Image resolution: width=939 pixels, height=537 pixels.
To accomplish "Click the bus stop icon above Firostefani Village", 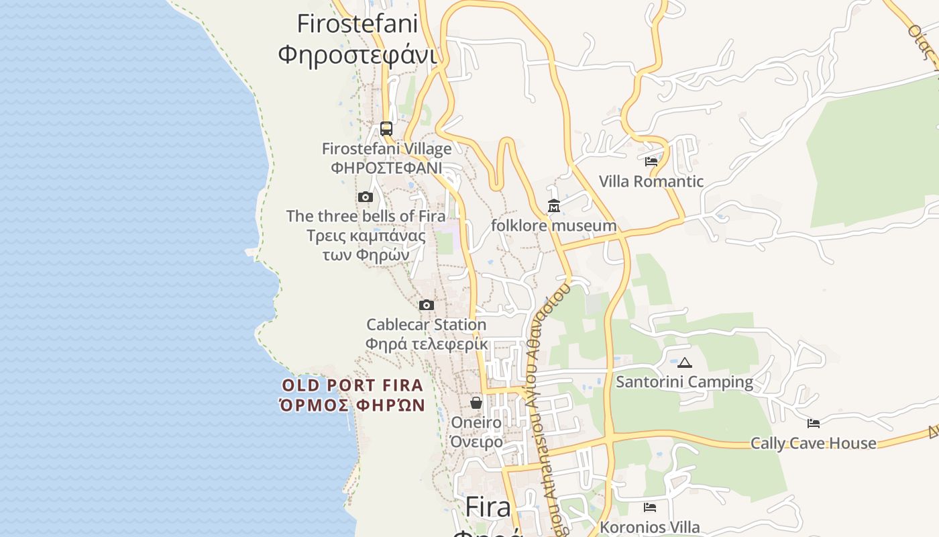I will point(386,128).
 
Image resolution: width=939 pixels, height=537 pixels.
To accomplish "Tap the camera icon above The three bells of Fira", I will point(366,197).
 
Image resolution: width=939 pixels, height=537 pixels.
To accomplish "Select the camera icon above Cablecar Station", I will point(427,305).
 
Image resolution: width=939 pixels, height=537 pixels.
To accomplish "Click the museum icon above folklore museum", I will point(554,206).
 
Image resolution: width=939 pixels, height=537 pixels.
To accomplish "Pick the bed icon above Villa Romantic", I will point(651,162).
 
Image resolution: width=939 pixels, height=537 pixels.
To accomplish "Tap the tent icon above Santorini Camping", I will point(684,363).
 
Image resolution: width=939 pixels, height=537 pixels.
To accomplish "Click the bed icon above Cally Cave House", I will point(814,424).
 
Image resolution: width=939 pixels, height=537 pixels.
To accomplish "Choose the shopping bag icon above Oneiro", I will point(476,403).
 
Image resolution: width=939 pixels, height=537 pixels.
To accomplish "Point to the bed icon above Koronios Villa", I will point(649,507).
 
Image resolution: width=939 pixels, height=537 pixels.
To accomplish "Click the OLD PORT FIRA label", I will point(353,385).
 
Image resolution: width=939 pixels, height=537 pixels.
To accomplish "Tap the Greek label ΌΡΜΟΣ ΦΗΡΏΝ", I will point(353,405).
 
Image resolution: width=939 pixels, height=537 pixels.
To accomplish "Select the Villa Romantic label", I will point(651,181).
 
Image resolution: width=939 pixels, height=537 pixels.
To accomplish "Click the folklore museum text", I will point(553,226).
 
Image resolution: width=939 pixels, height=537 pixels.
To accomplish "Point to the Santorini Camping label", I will point(685,382).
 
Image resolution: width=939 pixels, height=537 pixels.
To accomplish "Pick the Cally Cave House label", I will point(813,443).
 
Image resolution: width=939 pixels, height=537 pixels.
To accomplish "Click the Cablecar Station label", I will point(427,325).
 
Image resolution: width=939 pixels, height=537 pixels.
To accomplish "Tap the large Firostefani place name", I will point(357,24).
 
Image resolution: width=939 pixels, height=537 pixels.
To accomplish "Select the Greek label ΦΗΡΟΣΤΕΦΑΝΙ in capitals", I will point(386,168).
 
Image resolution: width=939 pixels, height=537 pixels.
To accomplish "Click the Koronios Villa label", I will point(650,528).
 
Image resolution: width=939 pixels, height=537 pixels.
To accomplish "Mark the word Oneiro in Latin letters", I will point(476,422).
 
